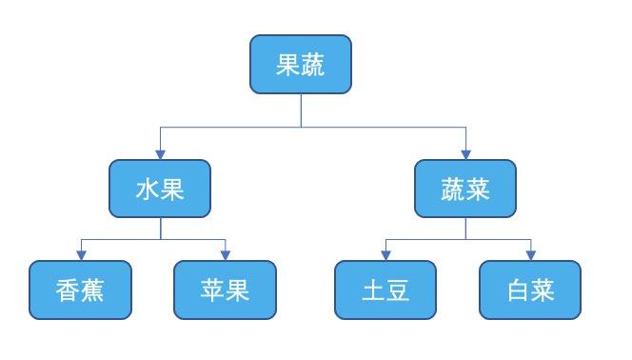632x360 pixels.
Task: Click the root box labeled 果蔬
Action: click(301, 65)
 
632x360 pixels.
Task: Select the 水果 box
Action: click(160, 189)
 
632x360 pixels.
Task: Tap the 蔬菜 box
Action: click(465, 189)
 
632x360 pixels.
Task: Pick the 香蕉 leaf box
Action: click(80, 290)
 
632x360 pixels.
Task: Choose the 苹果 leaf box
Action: click(226, 290)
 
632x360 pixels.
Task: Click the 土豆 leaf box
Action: click(385, 290)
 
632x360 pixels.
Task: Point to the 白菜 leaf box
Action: click(530, 290)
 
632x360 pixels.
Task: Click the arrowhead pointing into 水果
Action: click(160, 153)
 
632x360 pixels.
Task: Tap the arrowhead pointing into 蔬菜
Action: click(465, 153)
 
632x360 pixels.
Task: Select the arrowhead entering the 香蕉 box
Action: click(80, 255)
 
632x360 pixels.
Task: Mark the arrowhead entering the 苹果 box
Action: click(226, 255)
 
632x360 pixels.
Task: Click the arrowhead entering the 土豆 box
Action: click(385, 255)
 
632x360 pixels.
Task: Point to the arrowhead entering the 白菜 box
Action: click(530, 255)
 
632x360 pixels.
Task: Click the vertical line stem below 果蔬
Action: click(302, 110)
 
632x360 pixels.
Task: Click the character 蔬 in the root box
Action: click(313, 65)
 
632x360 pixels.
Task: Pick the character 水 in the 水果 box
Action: click(148, 189)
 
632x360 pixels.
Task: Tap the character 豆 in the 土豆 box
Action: click(398, 290)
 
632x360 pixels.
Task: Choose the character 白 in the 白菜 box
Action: click(518, 290)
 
